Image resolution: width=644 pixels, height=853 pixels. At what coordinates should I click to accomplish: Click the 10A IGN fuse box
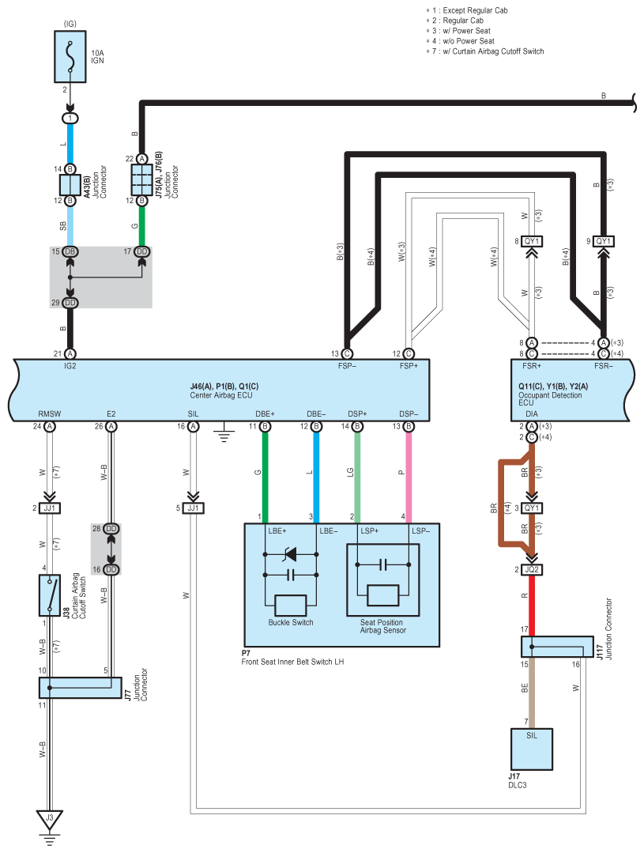(x=70, y=57)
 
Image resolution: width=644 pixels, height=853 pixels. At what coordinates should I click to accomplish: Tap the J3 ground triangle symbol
(x=50, y=820)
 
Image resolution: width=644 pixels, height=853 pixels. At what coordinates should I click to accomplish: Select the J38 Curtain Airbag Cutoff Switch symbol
(x=50, y=595)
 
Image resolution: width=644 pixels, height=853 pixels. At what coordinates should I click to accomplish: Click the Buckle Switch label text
(x=291, y=622)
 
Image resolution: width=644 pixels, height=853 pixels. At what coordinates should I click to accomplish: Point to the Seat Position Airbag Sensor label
(x=383, y=626)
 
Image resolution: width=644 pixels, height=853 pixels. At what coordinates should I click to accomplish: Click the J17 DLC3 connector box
(x=532, y=749)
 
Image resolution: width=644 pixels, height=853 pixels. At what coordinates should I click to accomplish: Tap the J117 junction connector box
(x=557, y=647)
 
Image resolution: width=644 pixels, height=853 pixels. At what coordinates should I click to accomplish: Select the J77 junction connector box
(x=81, y=688)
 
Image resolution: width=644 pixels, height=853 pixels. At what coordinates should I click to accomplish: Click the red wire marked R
(x=532, y=606)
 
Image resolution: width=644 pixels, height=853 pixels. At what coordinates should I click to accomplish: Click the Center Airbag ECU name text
(x=221, y=395)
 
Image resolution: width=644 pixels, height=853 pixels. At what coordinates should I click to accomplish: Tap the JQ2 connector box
(x=532, y=569)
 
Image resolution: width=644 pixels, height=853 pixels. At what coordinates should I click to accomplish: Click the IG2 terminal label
(x=70, y=366)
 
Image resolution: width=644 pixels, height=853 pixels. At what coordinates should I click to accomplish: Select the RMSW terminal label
(x=50, y=414)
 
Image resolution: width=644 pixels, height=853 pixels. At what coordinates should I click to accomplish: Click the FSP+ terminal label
(x=409, y=366)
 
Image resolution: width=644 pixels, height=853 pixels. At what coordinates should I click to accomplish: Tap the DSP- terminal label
(x=409, y=414)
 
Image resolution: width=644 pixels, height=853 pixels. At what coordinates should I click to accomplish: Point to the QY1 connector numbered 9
(x=603, y=241)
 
